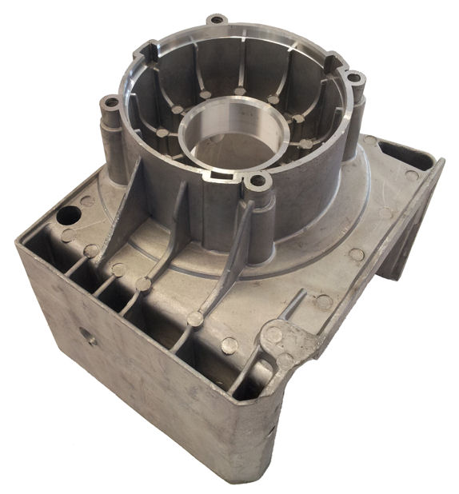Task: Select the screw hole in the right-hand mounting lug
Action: click(x=354, y=78)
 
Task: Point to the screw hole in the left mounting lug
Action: click(x=110, y=102)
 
